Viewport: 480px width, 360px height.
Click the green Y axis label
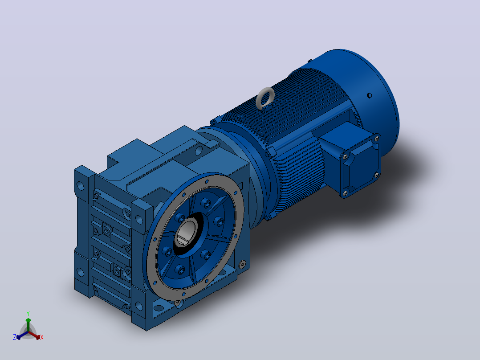(x=28, y=313)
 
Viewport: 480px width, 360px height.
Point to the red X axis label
(x=42, y=337)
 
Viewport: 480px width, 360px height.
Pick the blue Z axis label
(x=15, y=337)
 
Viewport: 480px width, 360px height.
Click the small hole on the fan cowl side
(x=369, y=96)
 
